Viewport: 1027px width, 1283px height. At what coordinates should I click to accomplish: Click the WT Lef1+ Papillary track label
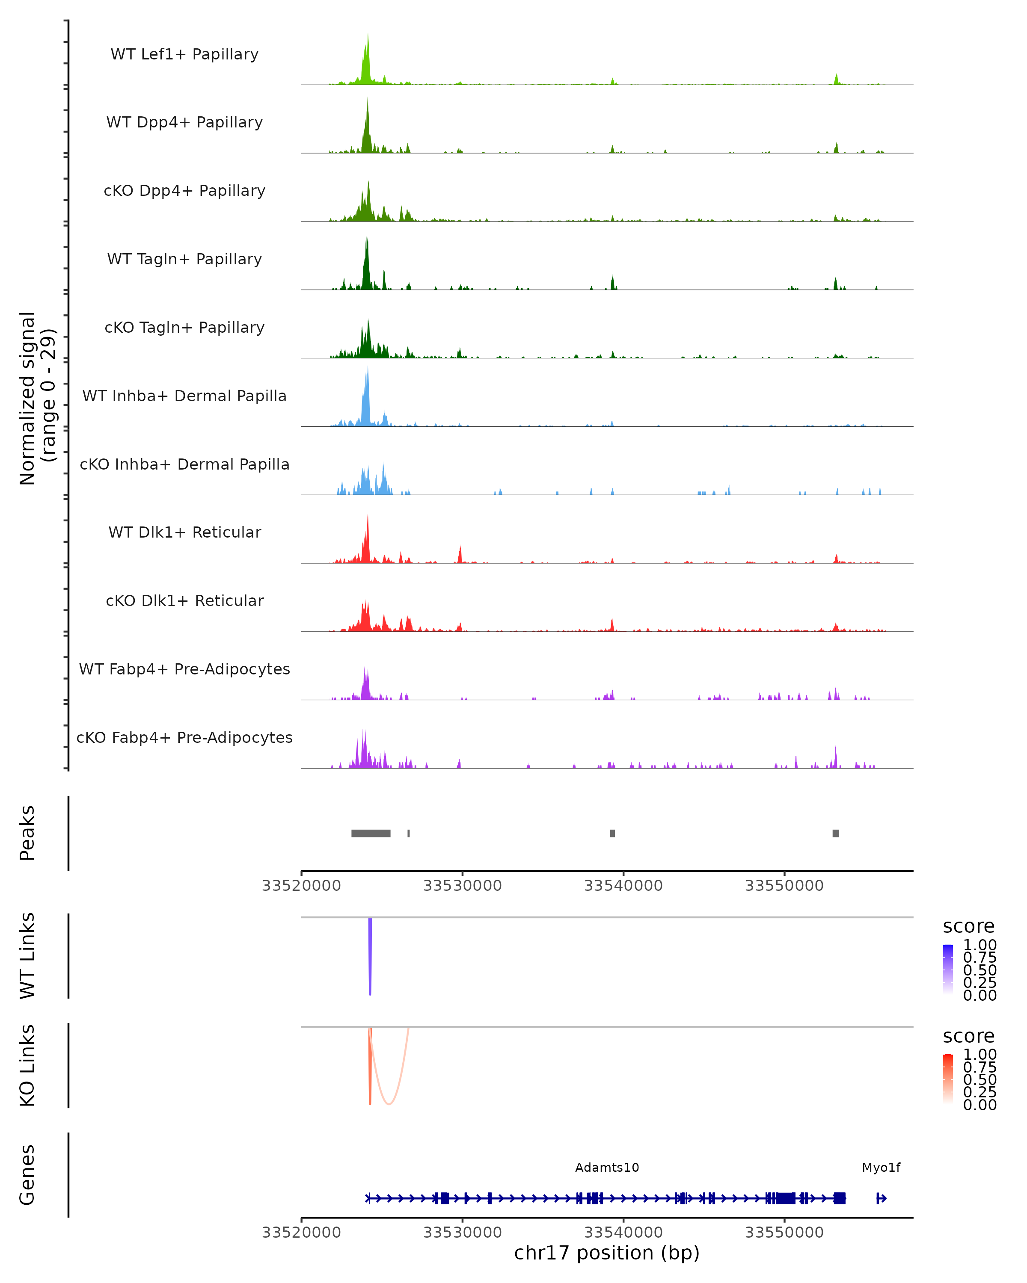coord(184,54)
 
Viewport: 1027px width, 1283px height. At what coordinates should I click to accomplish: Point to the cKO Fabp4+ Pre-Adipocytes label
coord(184,737)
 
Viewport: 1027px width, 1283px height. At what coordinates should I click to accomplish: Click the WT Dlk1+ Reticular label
coord(184,532)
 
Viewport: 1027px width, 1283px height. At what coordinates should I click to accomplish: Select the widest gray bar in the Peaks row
coord(371,833)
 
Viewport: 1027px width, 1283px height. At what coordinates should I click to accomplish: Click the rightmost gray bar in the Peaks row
coord(836,833)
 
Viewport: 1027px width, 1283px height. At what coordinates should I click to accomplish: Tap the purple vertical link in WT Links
coord(370,955)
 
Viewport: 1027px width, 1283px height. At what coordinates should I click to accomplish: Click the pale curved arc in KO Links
coord(389,1103)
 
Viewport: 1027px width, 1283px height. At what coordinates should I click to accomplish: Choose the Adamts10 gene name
coord(607,1168)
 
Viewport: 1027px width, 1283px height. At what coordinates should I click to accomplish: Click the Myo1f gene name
coord(881,1168)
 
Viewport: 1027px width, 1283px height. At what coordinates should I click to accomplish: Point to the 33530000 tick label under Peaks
coord(463,886)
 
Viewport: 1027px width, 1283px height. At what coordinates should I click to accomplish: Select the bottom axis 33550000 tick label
coord(784,1232)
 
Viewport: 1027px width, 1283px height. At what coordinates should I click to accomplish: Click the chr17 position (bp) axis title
coord(607,1253)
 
